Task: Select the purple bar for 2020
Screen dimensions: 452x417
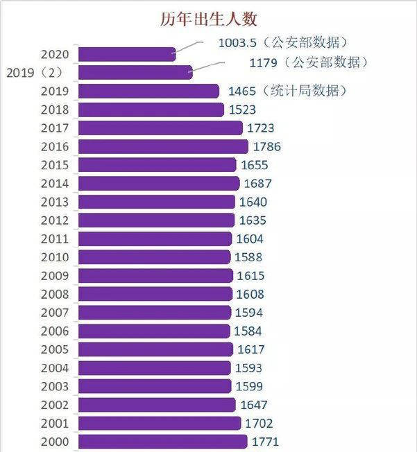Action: point(126,54)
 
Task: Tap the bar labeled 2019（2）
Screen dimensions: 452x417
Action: point(135,72)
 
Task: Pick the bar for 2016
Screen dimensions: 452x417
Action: point(162,146)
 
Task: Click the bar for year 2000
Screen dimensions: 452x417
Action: point(162,442)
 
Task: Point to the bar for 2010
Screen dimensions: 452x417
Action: point(154,257)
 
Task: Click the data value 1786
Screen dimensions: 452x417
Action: point(267,146)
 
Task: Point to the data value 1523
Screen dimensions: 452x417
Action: point(242,110)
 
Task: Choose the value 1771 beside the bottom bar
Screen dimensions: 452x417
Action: point(265,442)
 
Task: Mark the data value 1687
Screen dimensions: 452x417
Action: point(257,184)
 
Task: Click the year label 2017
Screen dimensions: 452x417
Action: point(55,128)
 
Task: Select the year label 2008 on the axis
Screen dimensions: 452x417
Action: point(55,294)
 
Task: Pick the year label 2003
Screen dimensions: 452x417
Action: point(55,386)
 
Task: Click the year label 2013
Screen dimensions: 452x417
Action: point(55,202)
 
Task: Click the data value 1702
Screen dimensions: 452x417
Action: point(259,424)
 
